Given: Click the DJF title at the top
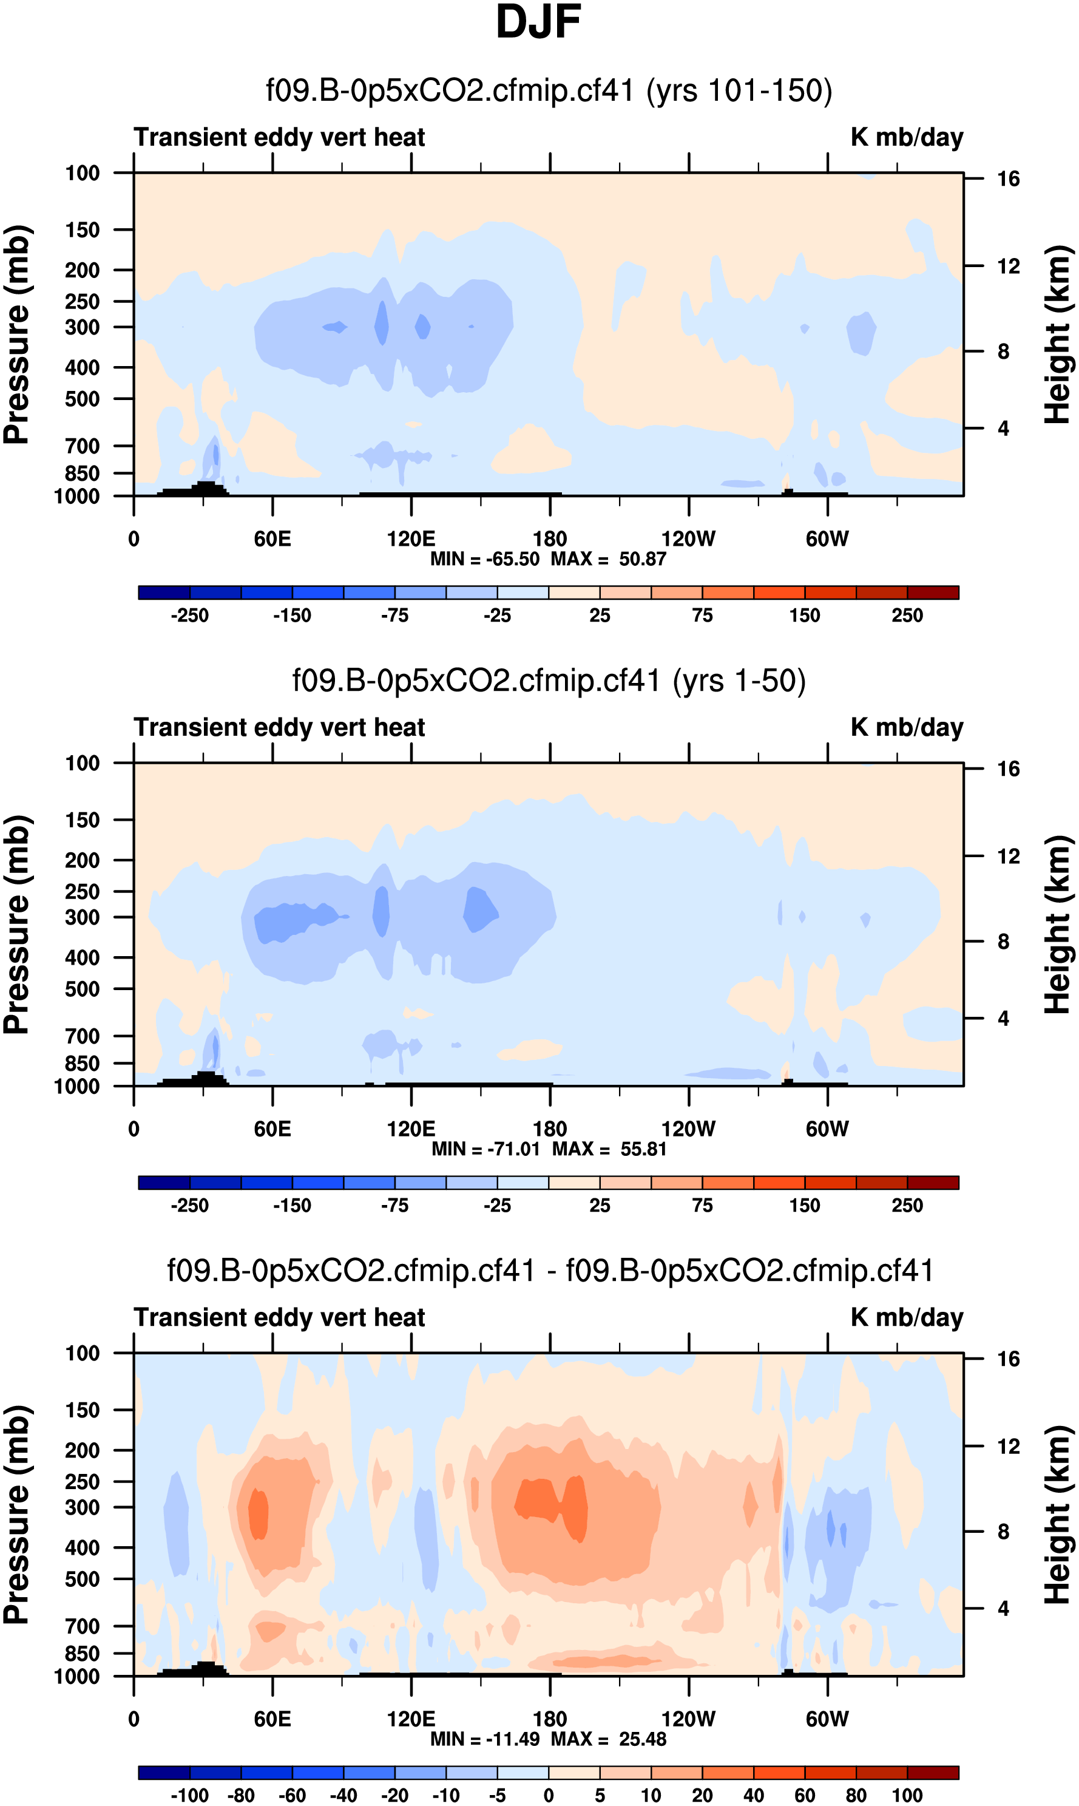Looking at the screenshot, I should coord(538,22).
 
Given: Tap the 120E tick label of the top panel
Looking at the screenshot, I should coord(411,539).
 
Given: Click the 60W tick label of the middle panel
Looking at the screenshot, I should coord(827,1129).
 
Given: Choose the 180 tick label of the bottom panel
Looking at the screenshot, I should coord(550,1719).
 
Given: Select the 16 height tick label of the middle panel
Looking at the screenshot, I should coord(1008,769).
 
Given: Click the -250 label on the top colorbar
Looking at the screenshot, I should coord(190,616).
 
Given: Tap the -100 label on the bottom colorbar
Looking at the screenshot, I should coord(190,1795).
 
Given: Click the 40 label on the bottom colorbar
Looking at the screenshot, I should coord(753,1795).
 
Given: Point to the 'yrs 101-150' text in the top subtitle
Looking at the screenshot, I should coord(739,91).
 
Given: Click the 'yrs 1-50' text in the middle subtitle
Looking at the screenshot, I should coord(739,681).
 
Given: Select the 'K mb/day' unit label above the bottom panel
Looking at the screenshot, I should coord(907,1317).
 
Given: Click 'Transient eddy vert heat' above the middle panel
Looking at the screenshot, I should coord(279,727).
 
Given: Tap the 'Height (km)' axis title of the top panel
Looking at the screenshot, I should coord(1058,334).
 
